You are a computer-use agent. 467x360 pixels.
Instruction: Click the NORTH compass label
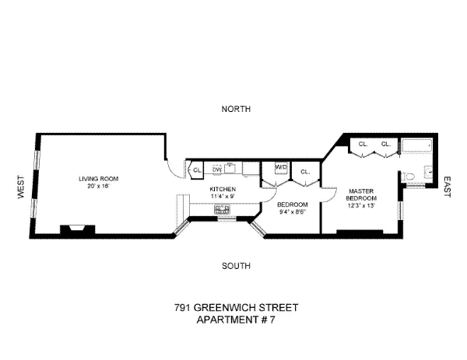tap(236, 110)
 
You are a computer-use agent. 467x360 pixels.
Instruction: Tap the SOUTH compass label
tap(236, 266)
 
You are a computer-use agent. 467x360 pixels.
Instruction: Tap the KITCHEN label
tap(222, 189)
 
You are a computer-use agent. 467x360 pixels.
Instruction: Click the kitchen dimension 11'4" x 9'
tap(222, 196)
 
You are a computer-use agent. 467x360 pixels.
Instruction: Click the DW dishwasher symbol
tap(218, 167)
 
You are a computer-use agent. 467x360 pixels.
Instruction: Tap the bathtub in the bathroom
tap(417, 147)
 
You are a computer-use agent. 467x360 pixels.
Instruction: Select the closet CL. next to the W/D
tap(305, 172)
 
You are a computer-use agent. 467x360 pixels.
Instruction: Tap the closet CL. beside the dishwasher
tap(196, 170)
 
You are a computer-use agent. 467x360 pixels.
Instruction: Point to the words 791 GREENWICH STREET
tap(236, 307)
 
